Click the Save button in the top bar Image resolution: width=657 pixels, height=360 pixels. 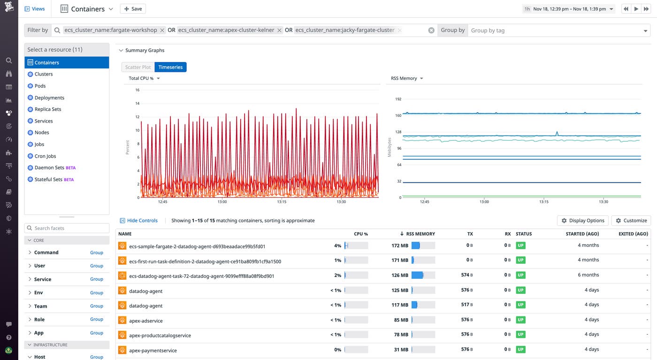click(133, 9)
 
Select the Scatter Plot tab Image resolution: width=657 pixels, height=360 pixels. click(138, 67)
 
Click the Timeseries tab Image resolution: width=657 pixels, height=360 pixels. click(170, 67)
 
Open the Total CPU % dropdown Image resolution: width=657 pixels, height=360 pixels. click(145, 78)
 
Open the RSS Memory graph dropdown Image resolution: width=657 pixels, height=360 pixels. click(407, 78)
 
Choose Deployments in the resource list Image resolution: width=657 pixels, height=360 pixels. click(49, 98)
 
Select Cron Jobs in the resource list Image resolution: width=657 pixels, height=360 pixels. click(45, 156)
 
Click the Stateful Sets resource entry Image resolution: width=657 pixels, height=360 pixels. click(49, 179)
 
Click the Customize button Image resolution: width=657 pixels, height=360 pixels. click(631, 221)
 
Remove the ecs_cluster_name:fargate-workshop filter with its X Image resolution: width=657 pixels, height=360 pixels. click(162, 30)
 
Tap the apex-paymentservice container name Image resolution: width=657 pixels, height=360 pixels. click(153, 350)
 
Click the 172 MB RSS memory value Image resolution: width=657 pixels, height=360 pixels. click(400, 245)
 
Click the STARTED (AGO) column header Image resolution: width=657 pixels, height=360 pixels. click(582, 234)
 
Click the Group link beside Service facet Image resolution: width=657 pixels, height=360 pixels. click(97, 279)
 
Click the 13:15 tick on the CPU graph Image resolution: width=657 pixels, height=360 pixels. click(282, 202)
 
